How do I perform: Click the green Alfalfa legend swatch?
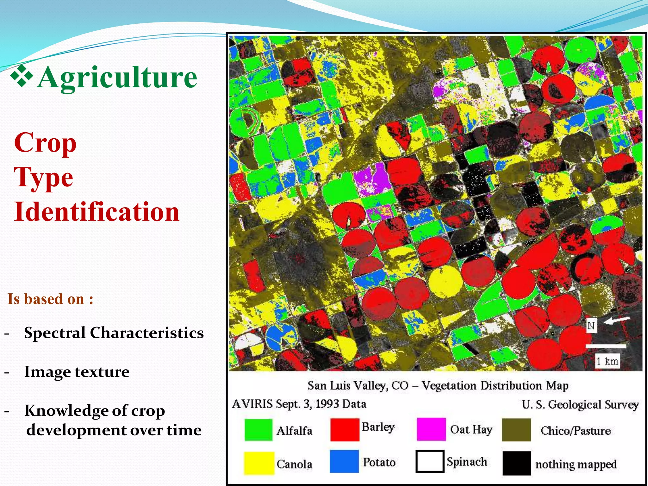(258, 430)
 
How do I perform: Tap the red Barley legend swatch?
(345, 429)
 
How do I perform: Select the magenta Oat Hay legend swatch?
(431, 429)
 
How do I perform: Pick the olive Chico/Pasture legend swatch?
(516, 430)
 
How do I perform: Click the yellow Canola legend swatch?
(259, 463)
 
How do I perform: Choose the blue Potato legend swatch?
(344, 461)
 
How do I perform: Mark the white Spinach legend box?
(430, 461)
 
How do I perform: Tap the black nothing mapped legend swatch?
(516, 463)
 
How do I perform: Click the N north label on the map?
(591, 326)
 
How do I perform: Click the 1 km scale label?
(607, 361)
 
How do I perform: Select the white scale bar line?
(606, 346)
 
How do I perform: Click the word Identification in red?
(97, 211)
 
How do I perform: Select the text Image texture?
(77, 371)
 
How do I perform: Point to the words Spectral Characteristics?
(114, 333)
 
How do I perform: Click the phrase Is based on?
(50, 299)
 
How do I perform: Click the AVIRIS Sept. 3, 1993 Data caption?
(299, 404)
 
